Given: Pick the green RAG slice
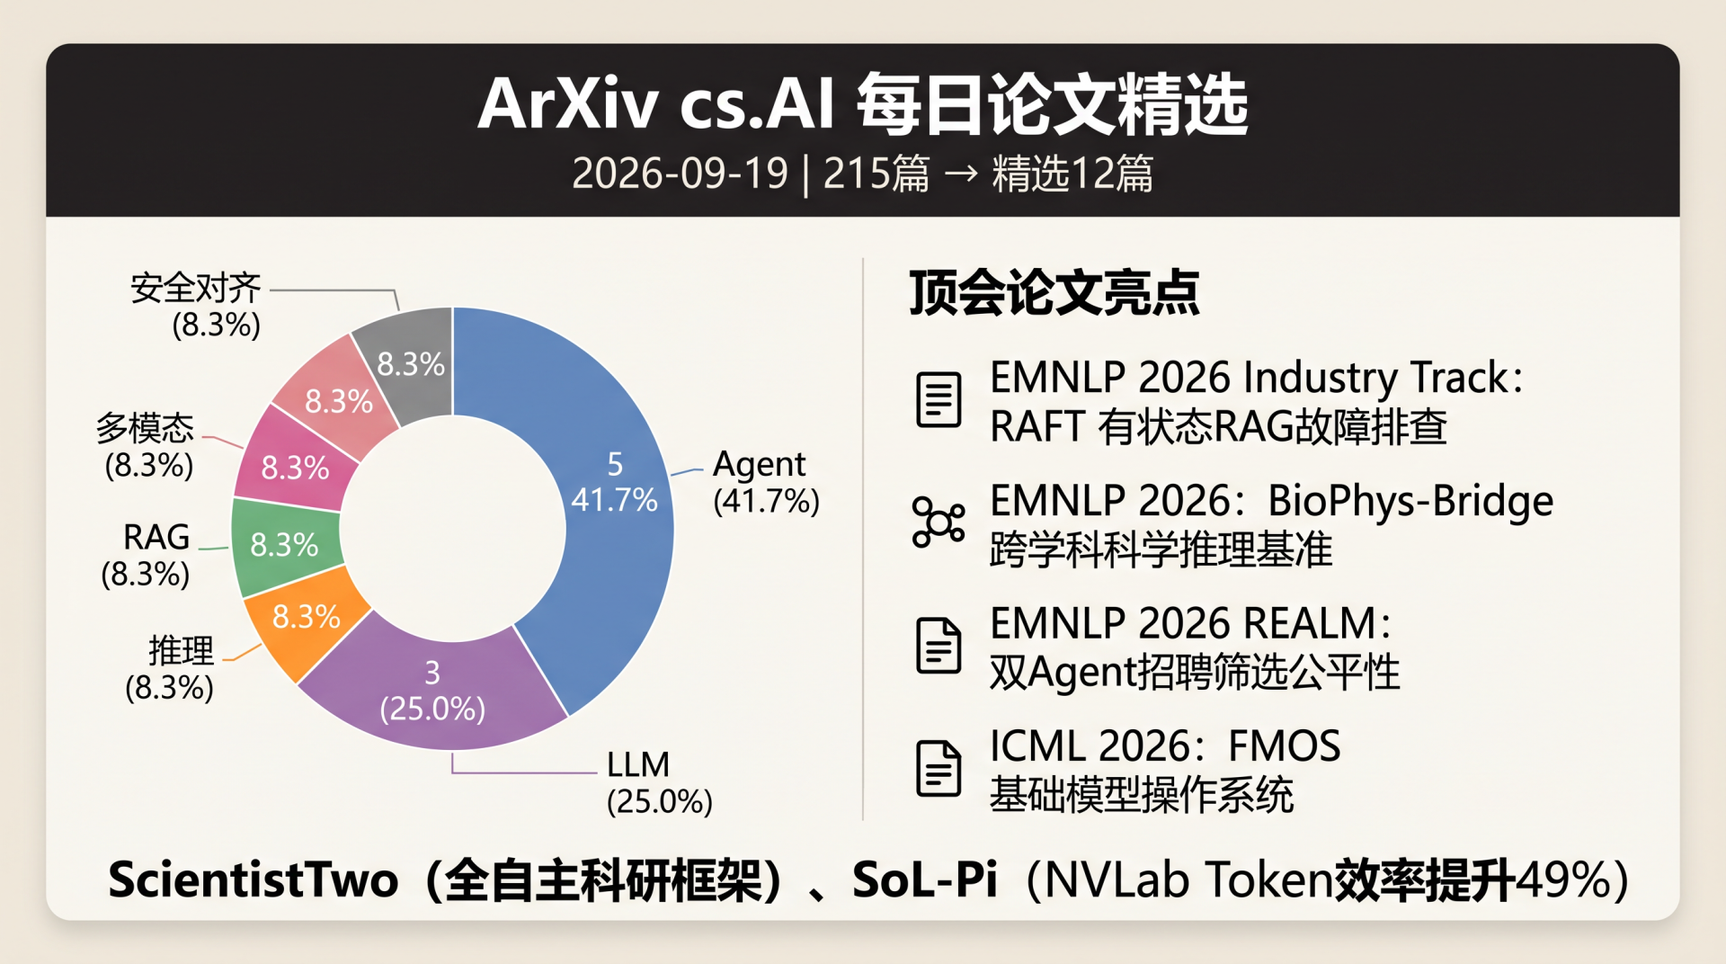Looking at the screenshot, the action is (284, 545).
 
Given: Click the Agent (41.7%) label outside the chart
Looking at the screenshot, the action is (766, 482).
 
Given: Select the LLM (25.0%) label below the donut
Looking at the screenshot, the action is (659, 782).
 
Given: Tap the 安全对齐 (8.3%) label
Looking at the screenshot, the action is (196, 307).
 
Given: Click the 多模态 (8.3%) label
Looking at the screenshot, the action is (147, 446).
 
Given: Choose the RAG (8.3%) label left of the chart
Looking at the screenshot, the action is (147, 555).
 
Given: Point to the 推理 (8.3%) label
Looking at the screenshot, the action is (170, 669).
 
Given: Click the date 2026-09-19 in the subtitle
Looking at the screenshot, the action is (680, 173).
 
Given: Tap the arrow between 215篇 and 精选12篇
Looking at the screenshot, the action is (961, 173).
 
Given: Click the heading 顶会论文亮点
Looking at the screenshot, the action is (1054, 292).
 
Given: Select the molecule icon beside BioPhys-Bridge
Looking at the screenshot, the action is (939, 522).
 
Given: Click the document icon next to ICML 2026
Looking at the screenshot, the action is (939, 769).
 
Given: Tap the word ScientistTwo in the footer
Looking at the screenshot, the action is (254, 879).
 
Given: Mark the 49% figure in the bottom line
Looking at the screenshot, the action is (1563, 879).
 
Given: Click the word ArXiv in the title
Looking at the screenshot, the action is (568, 104).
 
